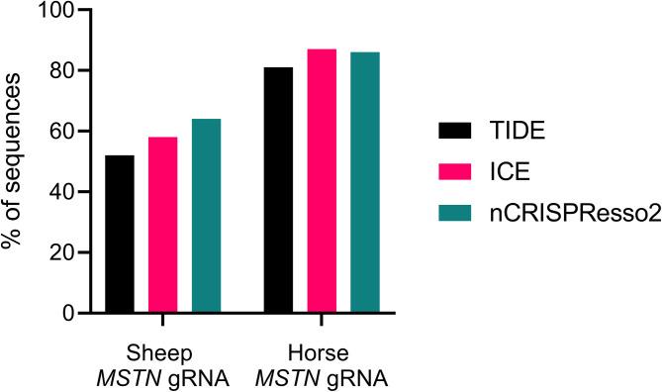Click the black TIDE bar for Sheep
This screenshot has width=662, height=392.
[x=120, y=234]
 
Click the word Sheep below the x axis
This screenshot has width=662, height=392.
[x=163, y=353]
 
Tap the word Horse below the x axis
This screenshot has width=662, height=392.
[x=323, y=353]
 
